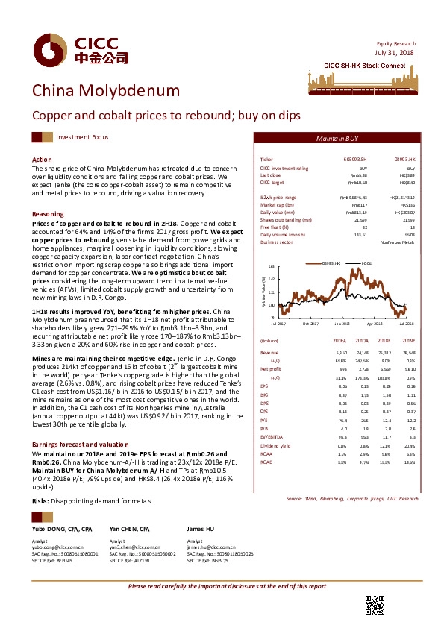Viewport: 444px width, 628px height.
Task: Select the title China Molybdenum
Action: [105, 91]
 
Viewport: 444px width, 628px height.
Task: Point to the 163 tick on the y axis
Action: [271, 266]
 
